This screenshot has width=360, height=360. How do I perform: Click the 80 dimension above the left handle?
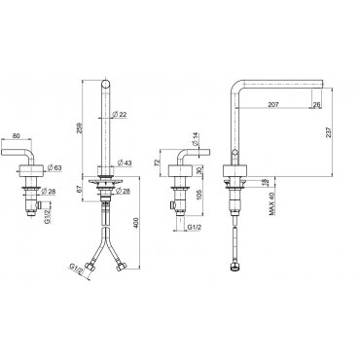(16, 136)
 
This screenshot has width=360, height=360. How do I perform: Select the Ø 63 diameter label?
(54, 168)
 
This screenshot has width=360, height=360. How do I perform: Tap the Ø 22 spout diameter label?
(119, 114)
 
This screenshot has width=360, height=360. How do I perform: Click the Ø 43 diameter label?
(125, 162)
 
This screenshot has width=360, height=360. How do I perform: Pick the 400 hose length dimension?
(136, 223)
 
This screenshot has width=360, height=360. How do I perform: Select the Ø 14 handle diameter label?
(195, 139)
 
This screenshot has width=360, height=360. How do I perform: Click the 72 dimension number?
(158, 162)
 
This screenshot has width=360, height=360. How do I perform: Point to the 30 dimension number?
(199, 170)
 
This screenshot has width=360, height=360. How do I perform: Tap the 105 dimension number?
(199, 195)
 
